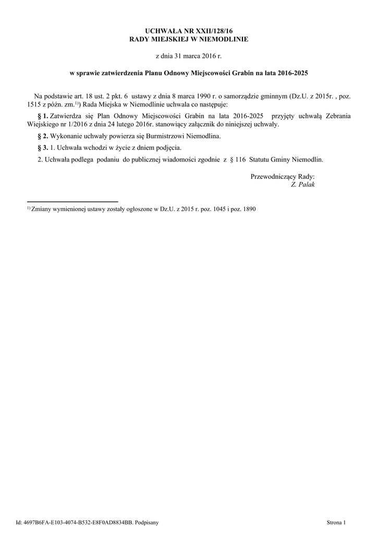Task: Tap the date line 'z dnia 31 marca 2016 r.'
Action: coord(189,55)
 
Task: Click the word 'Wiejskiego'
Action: coord(42,125)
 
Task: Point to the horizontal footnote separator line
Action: coord(72,201)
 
